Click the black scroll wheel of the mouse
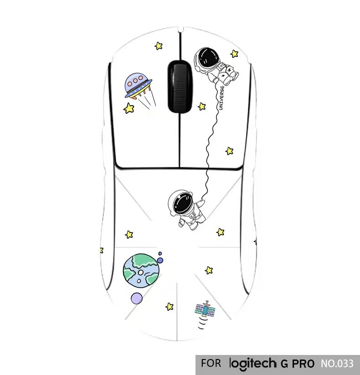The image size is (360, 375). click(178, 86)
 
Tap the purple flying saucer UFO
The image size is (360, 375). click(138, 84)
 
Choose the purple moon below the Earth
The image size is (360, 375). click(136, 299)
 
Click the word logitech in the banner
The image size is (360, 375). click(252, 364)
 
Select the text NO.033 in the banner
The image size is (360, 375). click(337, 364)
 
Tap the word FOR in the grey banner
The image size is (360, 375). click(211, 364)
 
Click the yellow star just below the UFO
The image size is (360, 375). click(129, 108)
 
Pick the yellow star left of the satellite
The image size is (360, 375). click(170, 306)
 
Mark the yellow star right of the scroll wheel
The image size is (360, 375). click(201, 106)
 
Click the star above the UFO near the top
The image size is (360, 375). click(159, 46)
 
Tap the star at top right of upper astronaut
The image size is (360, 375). click(234, 54)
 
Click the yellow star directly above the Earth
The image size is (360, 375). click(129, 234)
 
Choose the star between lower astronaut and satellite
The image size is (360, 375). click(209, 270)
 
